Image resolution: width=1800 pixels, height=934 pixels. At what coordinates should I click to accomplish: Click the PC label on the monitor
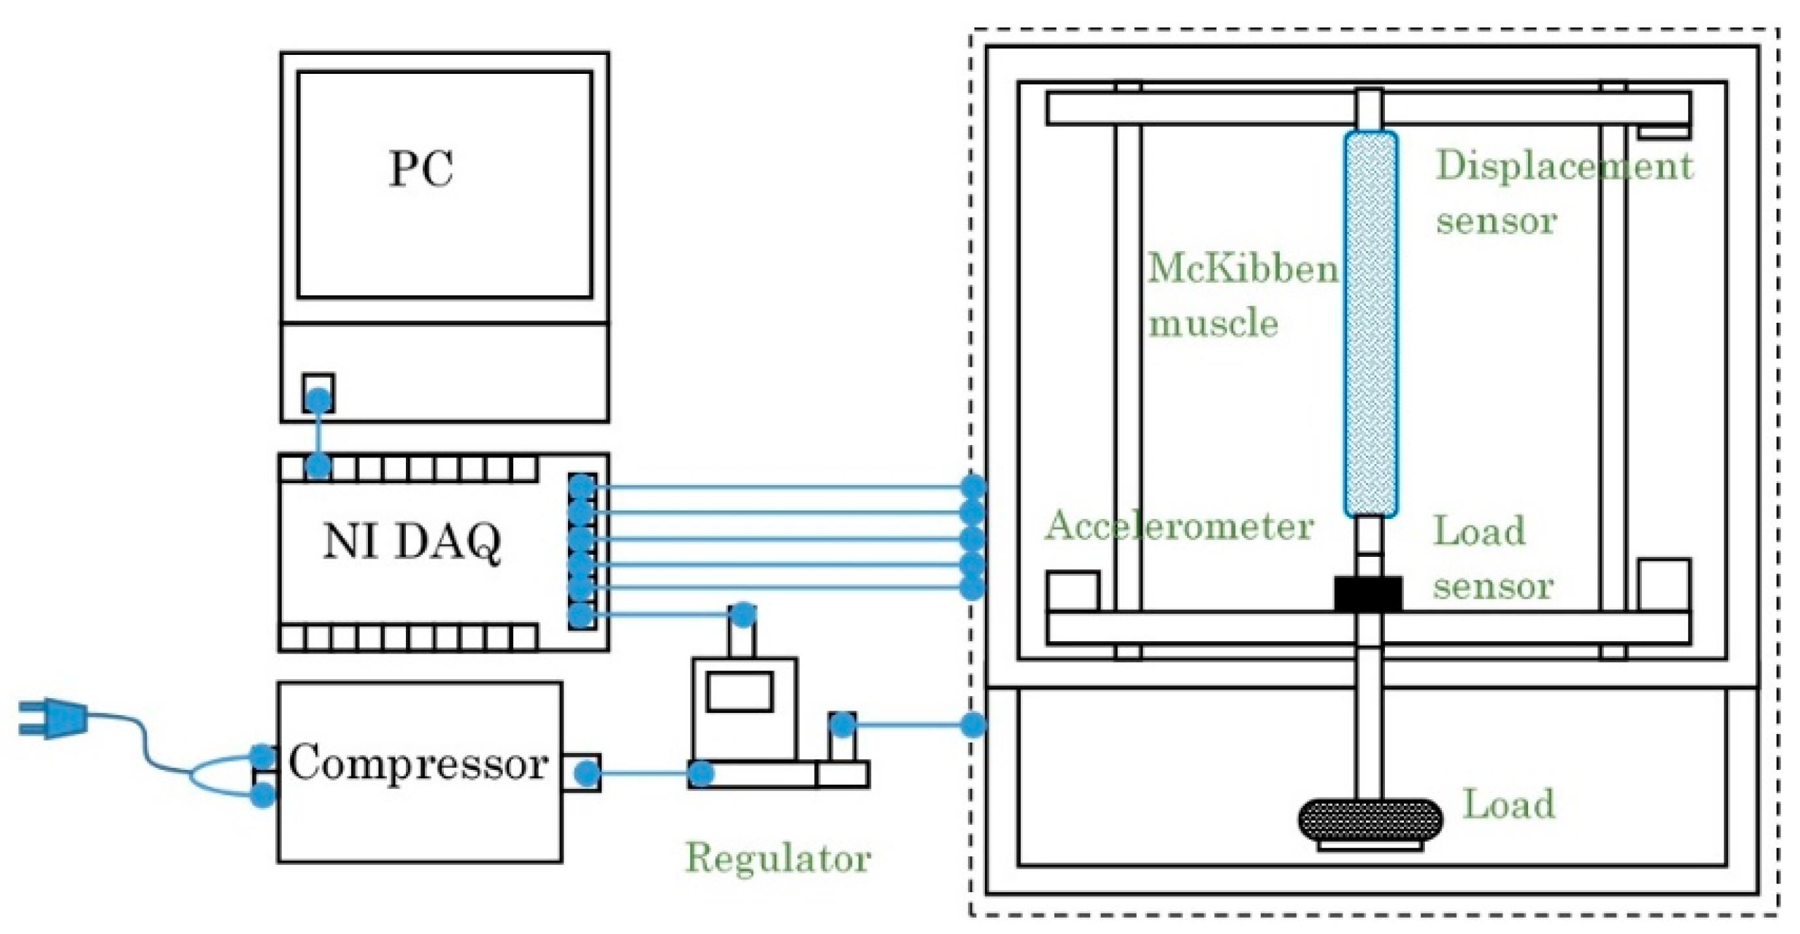421,169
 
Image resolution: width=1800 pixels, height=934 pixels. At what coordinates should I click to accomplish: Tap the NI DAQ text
412,541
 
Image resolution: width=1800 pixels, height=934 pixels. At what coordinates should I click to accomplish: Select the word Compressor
418,764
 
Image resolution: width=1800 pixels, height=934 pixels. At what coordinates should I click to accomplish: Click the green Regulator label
778,857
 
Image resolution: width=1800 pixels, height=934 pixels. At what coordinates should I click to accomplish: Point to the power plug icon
53,719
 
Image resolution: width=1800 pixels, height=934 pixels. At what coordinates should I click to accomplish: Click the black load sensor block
1368,593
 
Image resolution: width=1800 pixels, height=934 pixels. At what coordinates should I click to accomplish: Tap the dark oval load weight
1369,820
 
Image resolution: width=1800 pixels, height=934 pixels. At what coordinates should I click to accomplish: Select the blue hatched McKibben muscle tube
1371,324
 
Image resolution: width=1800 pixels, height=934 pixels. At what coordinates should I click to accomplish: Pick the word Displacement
1564,166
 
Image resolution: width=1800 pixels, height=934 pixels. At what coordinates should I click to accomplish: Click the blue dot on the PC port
319,400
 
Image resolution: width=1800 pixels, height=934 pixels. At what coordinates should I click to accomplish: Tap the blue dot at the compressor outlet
587,774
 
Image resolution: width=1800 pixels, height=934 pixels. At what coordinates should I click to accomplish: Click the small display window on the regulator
740,692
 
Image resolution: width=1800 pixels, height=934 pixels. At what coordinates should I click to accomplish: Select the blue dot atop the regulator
742,615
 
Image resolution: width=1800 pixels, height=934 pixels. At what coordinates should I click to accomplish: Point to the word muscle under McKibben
1214,324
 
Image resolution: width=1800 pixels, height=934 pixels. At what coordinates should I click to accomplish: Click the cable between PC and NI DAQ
319,433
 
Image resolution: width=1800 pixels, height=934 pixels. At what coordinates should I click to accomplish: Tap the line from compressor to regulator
644,774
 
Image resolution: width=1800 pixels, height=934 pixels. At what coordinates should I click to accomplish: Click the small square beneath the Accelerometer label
1073,592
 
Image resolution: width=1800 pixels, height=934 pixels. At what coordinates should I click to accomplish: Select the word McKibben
1243,269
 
